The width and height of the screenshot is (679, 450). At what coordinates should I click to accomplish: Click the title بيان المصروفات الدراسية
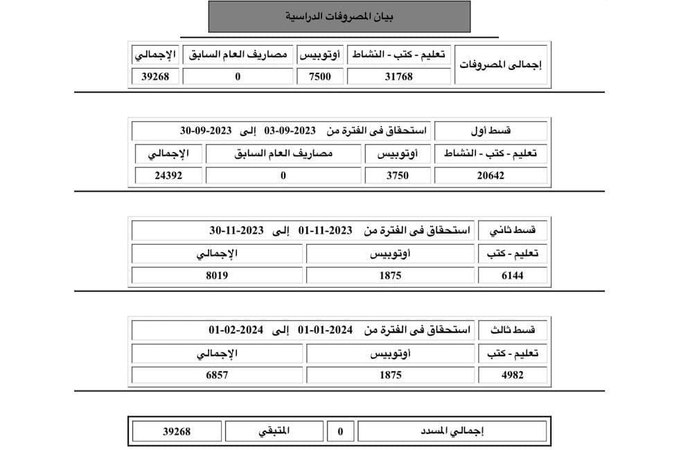pos(339,16)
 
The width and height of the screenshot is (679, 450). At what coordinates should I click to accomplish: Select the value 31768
pos(398,76)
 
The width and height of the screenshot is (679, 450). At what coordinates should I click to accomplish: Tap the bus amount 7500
pos(319,76)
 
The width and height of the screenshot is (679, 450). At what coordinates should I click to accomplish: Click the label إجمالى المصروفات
pos(501,64)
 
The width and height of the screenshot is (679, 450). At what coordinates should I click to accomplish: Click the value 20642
pos(491,175)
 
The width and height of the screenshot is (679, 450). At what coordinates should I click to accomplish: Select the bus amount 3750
pos(398,175)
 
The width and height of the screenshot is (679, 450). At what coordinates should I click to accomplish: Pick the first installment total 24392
pos(168,175)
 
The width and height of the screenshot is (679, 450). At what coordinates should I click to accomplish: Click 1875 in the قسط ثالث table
pos(391,375)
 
